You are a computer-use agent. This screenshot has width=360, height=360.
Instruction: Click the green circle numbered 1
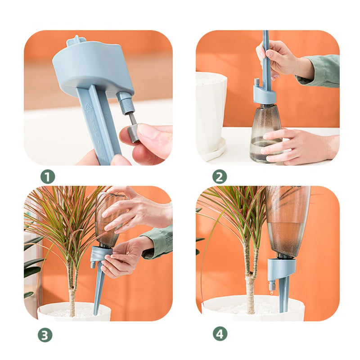(x=48, y=177)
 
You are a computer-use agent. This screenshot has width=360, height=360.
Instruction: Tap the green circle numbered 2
(x=219, y=177)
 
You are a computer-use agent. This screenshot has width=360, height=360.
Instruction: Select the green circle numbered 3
(x=45, y=334)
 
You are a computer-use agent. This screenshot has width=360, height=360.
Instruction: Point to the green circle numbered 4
(x=220, y=334)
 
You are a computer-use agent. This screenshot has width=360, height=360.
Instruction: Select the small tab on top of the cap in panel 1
(x=76, y=41)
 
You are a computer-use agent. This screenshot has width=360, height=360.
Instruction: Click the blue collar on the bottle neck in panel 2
(x=265, y=95)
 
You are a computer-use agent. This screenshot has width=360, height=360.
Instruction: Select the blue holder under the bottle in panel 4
(x=281, y=268)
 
